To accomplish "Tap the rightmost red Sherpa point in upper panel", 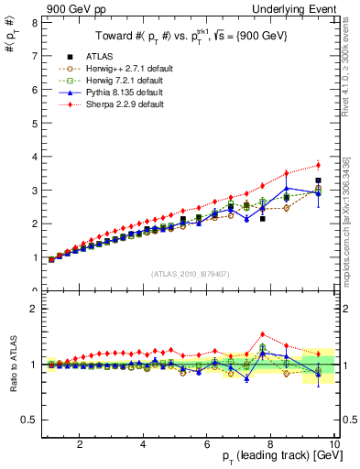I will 318,165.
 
